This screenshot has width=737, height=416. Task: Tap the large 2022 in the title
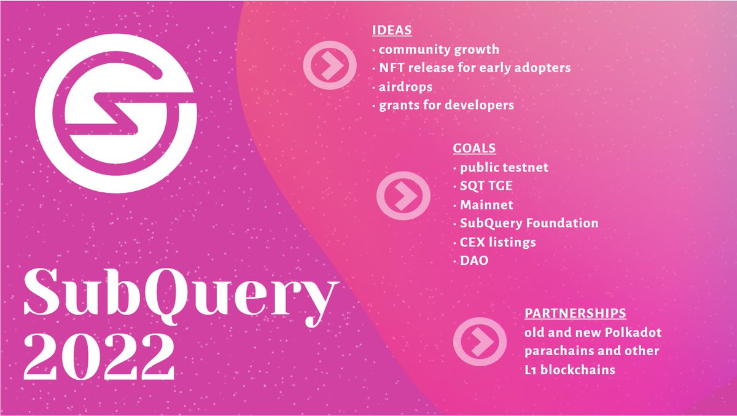pyautogui.click(x=99, y=357)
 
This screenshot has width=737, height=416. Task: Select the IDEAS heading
pyautogui.click(x=391, y=30)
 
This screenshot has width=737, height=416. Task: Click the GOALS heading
pyautogui.click(x=474, y=148)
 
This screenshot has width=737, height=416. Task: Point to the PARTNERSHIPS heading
pyautogui.click(x=575, y=313)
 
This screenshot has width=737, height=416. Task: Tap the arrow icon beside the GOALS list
pyautogui.click(x=401, y=194)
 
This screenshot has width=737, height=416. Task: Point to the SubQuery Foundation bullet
pyautogui.click(x=528, y=223)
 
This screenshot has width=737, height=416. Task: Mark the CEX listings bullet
pyautogui.click(x=497, y=242)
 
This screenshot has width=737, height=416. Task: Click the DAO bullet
pyautogui.click(x=474, y=261)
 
